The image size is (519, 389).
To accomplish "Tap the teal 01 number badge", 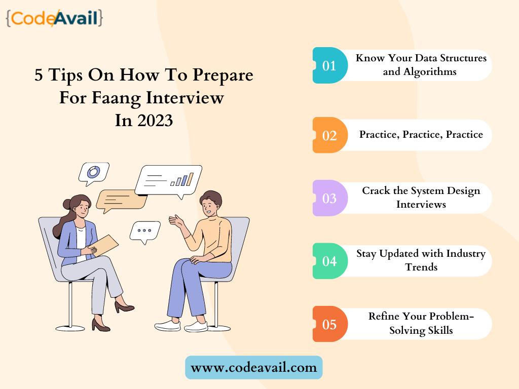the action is [330, 65].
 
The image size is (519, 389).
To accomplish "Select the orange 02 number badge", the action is [330, 135].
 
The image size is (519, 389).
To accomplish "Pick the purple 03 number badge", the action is [330, 198].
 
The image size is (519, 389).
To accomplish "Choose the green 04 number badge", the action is [330, 261].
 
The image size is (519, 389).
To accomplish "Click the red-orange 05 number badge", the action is [330, 324].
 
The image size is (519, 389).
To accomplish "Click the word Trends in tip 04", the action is [421, 267].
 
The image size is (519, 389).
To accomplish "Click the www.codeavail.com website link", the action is [254, 368].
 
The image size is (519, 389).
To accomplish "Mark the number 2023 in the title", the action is [155, 121].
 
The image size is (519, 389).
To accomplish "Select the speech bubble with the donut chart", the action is [94, 173].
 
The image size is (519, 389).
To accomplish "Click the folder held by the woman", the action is [103, 246].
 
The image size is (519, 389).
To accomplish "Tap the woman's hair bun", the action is [67, 204].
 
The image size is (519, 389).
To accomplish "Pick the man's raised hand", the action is [176, 221].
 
